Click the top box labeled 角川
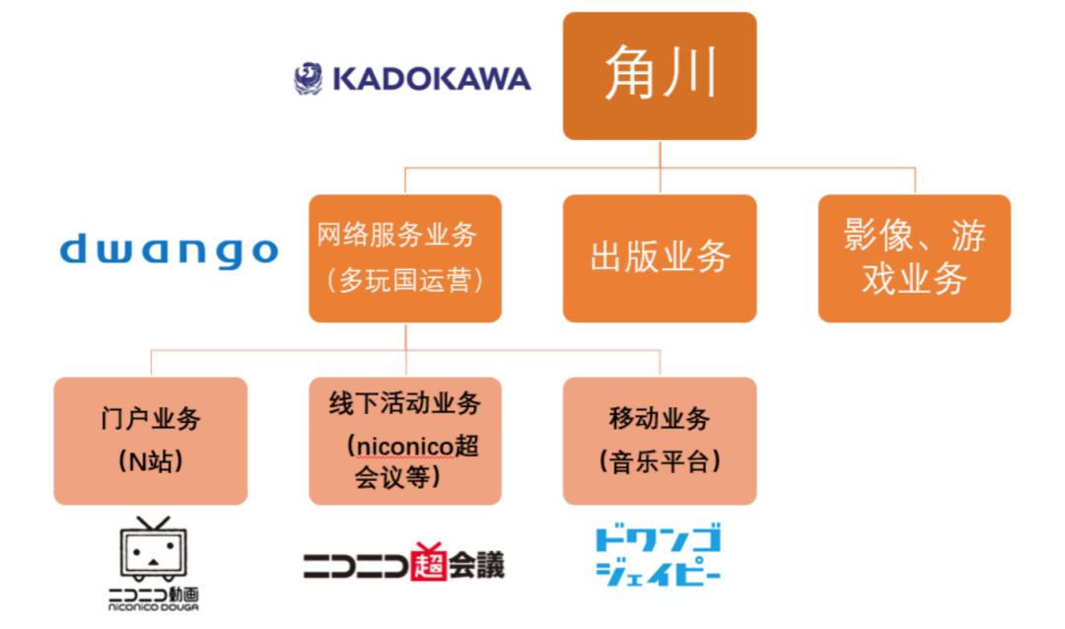click(x=660, y=75)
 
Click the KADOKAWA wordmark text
click(x=431, y=79)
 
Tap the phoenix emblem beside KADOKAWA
click(x=309, y=79)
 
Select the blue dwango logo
click(x=170, y=250)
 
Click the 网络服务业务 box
click(x=405, y=258)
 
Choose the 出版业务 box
click(x=660, y=258)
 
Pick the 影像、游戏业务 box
click(x=914, y=258)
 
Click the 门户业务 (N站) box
click(x=151, y=441)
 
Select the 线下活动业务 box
click(x=405, y=441)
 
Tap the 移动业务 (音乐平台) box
click(x=660, y=441)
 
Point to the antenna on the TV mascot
click(x=154, y=524)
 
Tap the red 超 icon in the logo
click(x=429, y=562)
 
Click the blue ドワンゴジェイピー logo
click(x=658, y=555)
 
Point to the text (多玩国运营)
click(x=405, y=280)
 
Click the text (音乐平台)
click(x=660, y=462)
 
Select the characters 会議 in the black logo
click(x=476, y=565)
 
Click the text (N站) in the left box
click(x=151, y=462)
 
